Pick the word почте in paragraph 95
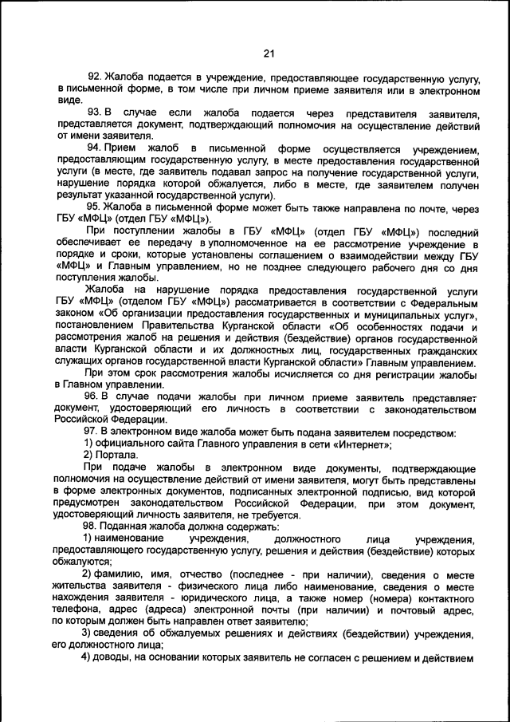[x=425, y=206]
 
